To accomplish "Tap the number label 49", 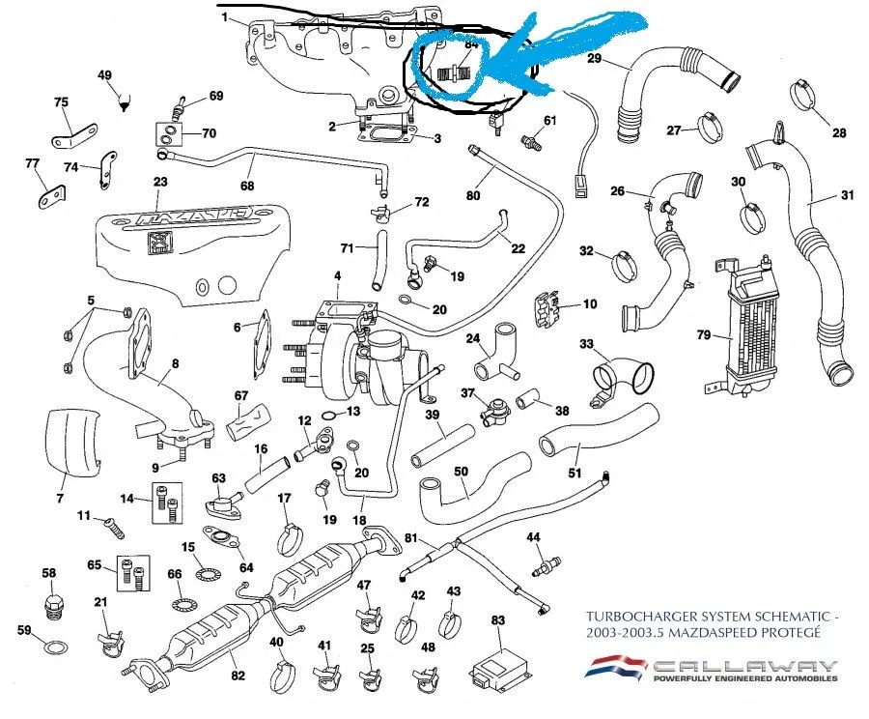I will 105,75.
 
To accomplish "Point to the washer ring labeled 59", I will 58,646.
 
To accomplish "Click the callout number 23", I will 160,182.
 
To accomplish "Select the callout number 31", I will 848,196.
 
